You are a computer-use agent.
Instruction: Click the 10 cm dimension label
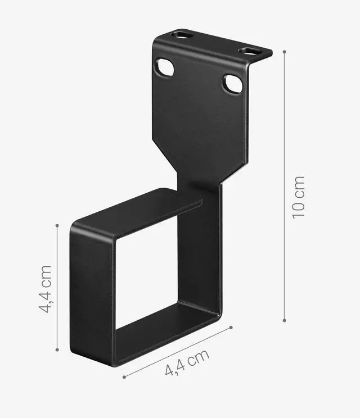(299, 197)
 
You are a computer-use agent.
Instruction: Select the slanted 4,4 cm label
(187, 362)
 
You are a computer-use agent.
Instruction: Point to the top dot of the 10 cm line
(285, 52)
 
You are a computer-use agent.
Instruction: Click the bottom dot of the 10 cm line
(285, 321)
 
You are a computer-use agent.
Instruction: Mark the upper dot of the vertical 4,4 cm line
(57, 225)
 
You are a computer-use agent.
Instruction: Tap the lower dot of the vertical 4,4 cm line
(57, 351)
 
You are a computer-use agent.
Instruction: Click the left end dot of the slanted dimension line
(124, 377)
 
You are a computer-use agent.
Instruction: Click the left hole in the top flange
(181, 35)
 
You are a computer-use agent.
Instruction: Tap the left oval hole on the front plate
(164, 67)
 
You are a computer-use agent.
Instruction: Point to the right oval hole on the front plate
(232, 84)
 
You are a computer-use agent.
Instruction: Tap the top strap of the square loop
(135, 211)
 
